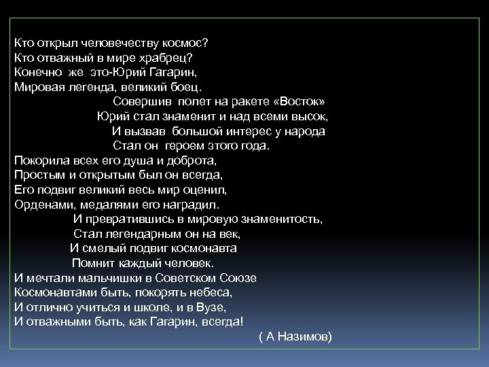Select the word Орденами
click(45, 204)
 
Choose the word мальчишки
click(111, 277)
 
